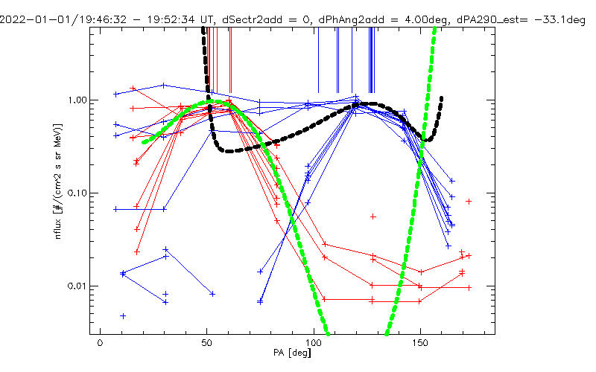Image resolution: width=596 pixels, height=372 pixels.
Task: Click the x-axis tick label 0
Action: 100,343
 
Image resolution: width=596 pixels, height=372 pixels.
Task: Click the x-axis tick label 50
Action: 206,343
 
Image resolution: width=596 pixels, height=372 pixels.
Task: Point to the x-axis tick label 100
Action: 313,343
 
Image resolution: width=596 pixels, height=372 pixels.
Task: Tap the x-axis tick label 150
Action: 420,343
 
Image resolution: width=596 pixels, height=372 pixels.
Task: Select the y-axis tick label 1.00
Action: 77,100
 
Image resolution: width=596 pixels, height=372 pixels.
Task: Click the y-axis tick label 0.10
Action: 77,193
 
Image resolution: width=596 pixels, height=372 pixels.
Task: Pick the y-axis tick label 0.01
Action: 77,286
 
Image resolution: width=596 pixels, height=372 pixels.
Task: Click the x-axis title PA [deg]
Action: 292,353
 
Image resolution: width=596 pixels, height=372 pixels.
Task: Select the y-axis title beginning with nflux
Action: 58,182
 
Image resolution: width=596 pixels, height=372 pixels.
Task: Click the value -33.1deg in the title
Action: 559,19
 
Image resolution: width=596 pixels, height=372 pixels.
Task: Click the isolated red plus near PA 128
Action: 373,217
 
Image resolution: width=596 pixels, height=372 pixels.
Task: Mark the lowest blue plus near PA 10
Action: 123,315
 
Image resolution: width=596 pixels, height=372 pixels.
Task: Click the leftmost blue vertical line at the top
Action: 319,60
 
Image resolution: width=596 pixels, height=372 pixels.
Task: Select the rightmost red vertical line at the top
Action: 231,60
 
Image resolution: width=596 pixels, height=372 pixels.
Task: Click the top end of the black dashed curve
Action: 203,28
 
